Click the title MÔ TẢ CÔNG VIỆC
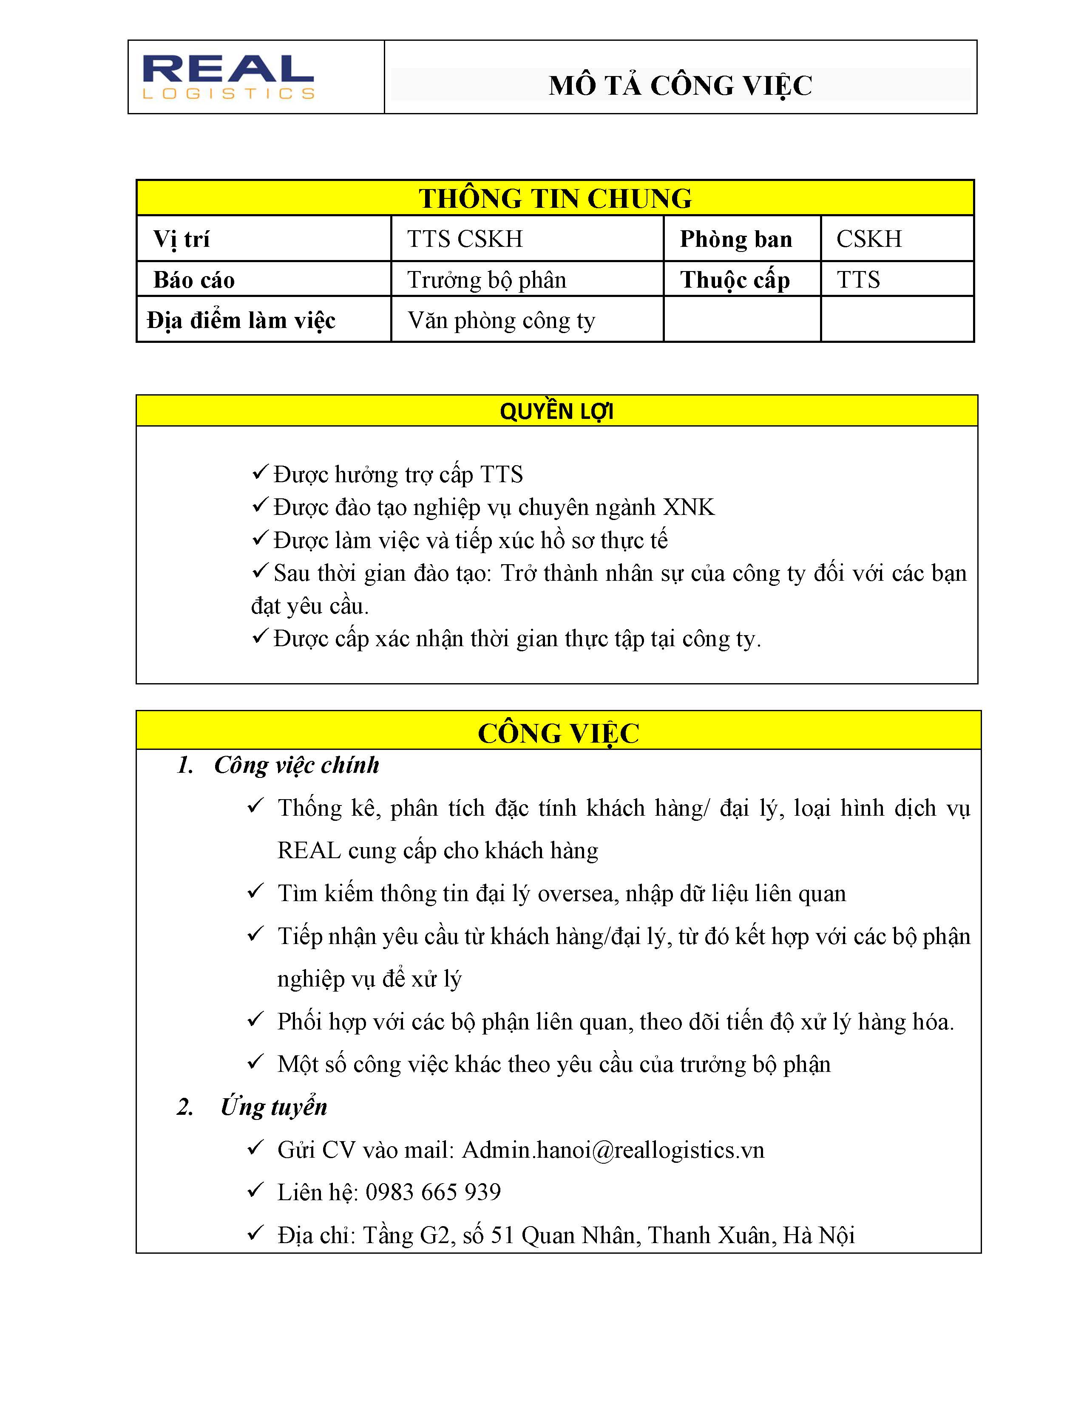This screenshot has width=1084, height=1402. (680, 85)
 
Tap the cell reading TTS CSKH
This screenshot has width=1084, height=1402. (465, 239)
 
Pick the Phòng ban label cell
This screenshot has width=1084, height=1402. (736, 239)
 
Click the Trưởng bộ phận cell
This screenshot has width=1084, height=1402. (487, 280)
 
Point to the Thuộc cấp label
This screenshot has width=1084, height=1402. (735, 280)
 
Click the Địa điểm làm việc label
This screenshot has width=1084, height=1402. (241, 320)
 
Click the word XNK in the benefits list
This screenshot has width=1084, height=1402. (688, 507)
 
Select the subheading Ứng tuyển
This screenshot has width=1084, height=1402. (274, 1107)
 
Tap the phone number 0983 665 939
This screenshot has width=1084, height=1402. (433, 1192)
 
